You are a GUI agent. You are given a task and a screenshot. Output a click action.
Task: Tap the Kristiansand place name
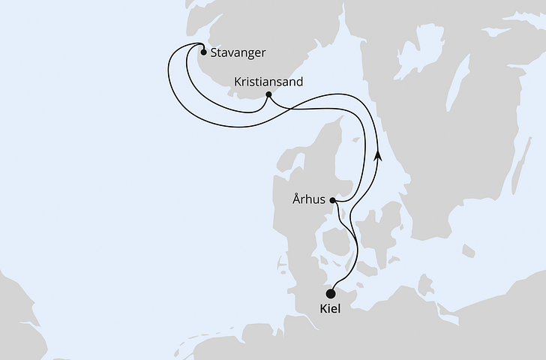pos(268,81)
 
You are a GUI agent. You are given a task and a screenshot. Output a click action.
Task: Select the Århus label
pos(308,200)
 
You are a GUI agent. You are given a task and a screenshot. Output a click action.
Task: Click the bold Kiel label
pos(330,310)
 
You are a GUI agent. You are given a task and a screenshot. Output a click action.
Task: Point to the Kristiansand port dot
pos(268,95)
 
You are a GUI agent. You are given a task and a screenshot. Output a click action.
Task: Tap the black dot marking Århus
pos(333,200)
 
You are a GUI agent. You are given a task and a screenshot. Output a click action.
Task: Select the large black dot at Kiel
pos(331,293)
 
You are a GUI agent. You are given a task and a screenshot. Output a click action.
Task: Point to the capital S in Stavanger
pos(214,53)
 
